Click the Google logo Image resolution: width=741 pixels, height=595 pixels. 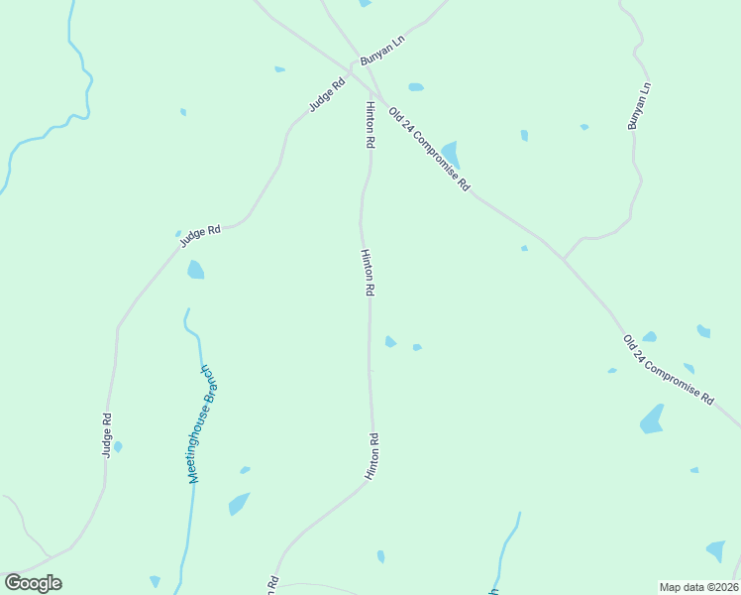33,583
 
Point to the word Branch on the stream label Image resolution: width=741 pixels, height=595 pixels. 209,384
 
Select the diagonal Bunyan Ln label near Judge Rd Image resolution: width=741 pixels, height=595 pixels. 382,51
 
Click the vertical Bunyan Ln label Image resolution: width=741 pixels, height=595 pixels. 639,106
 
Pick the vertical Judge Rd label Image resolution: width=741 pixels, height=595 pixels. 107,435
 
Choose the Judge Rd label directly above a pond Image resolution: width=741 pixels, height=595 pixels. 199,235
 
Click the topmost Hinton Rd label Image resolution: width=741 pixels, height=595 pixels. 370,125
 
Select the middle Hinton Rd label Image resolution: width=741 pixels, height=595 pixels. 367,273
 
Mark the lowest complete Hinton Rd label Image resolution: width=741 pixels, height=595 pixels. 372,457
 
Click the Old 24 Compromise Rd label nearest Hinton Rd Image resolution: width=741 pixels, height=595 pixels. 429,149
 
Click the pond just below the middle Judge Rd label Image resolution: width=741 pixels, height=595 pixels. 195,270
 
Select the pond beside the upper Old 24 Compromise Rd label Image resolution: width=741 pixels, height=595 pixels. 451,153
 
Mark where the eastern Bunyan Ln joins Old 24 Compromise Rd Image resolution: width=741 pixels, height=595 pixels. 563,259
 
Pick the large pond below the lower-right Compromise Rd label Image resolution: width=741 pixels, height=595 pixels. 652,419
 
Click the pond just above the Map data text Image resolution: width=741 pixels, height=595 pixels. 715,550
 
